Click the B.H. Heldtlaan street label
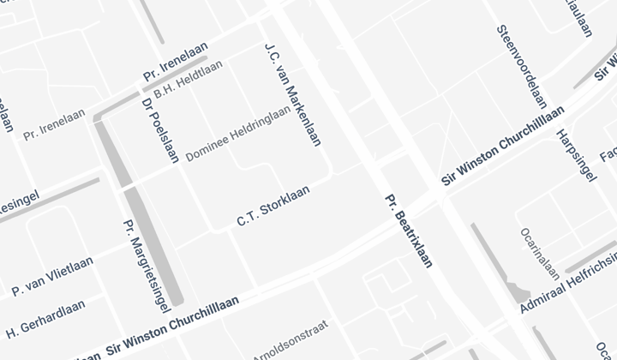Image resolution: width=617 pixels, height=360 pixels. [x=189, y=78]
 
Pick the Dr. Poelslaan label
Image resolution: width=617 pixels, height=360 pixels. [x=158, y=129]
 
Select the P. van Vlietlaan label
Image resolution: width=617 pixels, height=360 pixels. [x=51, y=275]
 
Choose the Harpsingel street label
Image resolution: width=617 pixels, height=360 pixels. [x=575, y=159]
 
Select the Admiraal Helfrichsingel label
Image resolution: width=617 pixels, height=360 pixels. [x=570, y=283]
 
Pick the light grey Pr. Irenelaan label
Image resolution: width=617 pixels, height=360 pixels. [x=55, y=123]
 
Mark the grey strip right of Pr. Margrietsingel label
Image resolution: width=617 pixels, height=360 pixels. [x=154, y=249]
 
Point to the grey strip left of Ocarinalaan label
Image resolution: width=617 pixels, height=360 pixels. [x=494, y=257]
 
